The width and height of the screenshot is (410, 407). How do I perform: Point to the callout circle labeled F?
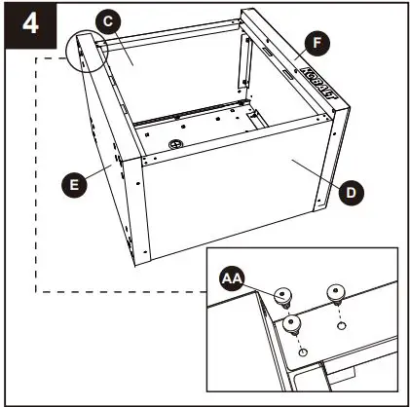coord(315,43)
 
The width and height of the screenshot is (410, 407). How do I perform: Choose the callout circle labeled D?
coord(354,192)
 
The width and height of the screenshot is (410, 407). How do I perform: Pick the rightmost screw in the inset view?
coord(337,291)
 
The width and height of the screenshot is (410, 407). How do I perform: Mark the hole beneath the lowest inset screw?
coord(304,351)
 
